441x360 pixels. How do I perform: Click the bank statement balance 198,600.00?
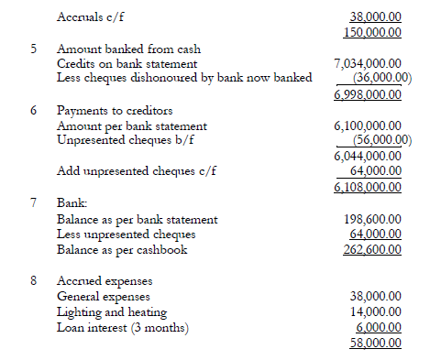click(380, 220)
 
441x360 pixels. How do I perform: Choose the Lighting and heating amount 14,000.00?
click(383, 312)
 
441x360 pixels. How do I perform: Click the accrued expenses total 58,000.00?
click(383, 342)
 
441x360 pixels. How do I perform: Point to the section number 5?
click(34, 48)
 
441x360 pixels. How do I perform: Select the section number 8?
click(34, 281)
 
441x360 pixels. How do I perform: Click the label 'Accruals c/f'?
click(94, 16)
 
